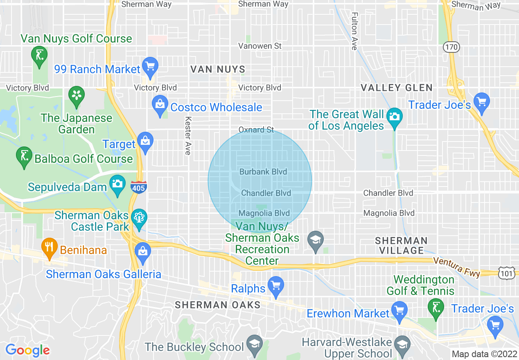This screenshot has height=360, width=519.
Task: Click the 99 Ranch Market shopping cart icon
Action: pyautogui.click(x=151, y=66)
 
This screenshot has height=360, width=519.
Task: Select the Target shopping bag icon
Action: pyautogui.click(x=145, y=141)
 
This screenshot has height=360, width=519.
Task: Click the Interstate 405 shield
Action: pyautogui.click(x=139, y=187)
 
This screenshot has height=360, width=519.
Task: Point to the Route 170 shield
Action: pyautogui.click(x=451, y=47)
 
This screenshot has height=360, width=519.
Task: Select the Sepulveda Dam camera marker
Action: pyautogui.click(x=117, y=184)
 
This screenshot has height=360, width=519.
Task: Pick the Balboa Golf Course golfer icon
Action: pyautogui.click(x=24, y=156)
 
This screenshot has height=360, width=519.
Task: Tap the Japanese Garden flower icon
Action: pyautogui.click(x=77, y=95)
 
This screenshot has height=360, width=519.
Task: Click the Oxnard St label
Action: pyautogui.click(x=256, y=130)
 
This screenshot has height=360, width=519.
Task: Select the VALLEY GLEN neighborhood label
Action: pyautogui.click(x=396, y=88)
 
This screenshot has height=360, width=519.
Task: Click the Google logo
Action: pyautogui.click(x=28, y=350)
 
